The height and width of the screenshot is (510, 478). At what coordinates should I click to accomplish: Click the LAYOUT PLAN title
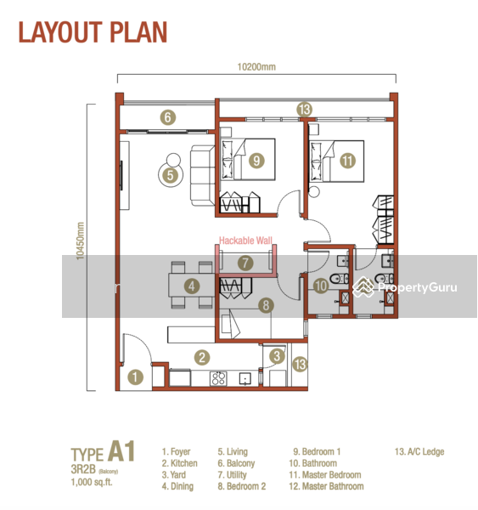(x=93, y=32)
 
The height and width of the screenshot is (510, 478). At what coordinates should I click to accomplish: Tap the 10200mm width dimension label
(x=256, y=67)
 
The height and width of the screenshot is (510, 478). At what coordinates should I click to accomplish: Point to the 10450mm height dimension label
(x=81, y=241)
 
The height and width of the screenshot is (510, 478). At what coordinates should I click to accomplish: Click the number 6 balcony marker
(x=167, y=117)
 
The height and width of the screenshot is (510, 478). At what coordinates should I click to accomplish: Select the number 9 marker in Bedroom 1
(x=256, y=161)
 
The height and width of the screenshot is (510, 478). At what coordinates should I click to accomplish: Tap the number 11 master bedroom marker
(x=347, y=161)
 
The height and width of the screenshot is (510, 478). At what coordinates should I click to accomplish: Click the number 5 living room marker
(x=171, y=175)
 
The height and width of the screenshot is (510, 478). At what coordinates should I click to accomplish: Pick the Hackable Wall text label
(x=245, y=241)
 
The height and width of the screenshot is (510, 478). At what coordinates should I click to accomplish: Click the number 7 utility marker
(x=245, y=263)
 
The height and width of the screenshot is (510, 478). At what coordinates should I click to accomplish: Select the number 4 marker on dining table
(x=192, y=286)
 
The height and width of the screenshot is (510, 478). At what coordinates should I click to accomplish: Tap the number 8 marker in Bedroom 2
(x=266, y=305)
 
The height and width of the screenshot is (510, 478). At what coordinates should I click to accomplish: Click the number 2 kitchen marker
(x=202, y=358)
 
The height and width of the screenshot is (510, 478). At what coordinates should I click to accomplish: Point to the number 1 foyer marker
(x=135, y=377)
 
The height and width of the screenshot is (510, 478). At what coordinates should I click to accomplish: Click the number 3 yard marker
(x=277, y=356)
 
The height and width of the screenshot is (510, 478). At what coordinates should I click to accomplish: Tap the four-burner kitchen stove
(x=218, y=378)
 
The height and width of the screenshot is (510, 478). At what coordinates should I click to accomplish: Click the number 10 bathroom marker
(x=321, y=286)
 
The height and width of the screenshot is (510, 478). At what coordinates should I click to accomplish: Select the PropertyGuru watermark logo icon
(x=363, y=287)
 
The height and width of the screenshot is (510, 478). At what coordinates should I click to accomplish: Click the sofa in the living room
(x=202, y=176)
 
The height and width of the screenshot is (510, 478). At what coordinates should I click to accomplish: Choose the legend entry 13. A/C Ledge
(x=419, y=452)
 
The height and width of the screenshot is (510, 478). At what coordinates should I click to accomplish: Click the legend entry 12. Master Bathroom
(x=326, y=486)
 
